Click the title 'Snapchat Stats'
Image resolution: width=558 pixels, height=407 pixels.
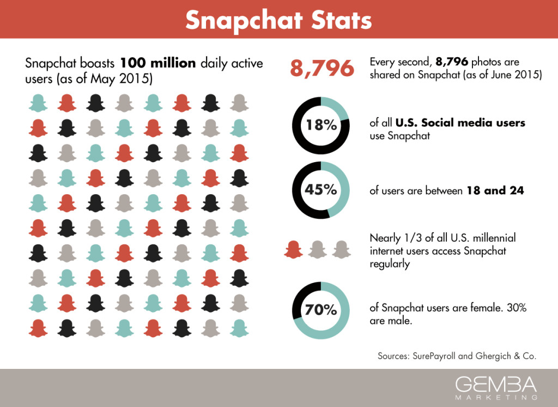278,20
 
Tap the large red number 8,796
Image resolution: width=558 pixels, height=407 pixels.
321,69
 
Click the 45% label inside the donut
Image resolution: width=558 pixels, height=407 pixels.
321,191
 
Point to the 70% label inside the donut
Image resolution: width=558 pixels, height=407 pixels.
321,310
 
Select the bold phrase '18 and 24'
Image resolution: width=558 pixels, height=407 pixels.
495,191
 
